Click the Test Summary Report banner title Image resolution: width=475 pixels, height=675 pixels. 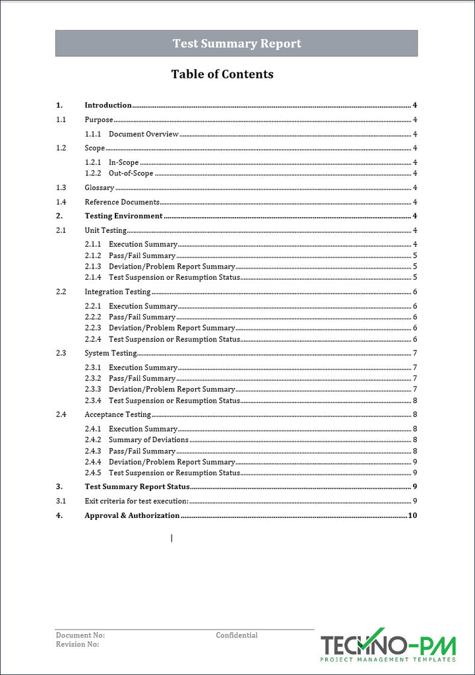236,44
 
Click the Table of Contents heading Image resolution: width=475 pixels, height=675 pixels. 222,74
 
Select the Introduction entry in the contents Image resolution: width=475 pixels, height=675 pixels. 108,105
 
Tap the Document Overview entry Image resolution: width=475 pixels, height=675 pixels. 144,134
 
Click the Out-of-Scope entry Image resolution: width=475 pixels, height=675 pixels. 131,174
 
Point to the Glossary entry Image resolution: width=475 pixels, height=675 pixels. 100,188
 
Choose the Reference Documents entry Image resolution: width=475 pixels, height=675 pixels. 122,202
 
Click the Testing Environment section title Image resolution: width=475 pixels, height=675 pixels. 123,216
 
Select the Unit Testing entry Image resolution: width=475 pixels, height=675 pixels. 106,230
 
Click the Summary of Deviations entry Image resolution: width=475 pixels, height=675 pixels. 148,439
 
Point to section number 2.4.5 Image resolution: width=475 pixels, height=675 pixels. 93,473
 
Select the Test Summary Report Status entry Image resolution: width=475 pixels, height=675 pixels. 137,487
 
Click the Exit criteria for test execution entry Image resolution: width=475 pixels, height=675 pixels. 137,501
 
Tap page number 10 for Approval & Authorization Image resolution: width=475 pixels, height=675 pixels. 413,515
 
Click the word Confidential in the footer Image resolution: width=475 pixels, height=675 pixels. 237,635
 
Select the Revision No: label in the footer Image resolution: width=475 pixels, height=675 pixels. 77,645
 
